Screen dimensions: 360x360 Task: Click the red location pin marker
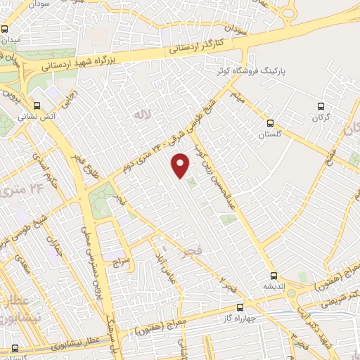click(x=181, y=165)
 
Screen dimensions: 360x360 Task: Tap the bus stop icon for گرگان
click(x=321, y=107)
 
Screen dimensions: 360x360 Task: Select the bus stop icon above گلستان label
click(x=266, y=124)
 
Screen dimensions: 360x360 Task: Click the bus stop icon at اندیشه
click(x=274, y=276)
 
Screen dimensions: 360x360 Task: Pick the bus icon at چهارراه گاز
click(x=240, y=307)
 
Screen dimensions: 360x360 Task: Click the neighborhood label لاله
click(x=143, y=112)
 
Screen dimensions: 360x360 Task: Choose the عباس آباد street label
click(x=167, y=266)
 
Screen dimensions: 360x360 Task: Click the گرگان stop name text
click(x=321, y=118)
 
